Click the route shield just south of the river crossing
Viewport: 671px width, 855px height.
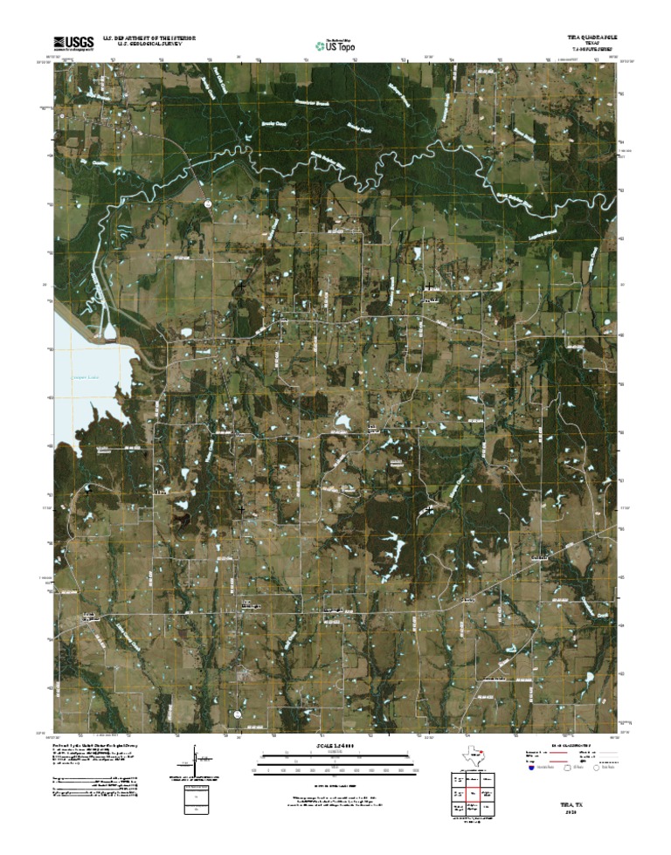pyautogui.click(x=209, y=203)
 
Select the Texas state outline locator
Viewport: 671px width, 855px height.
pyautogui.click(x=474, y=755)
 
